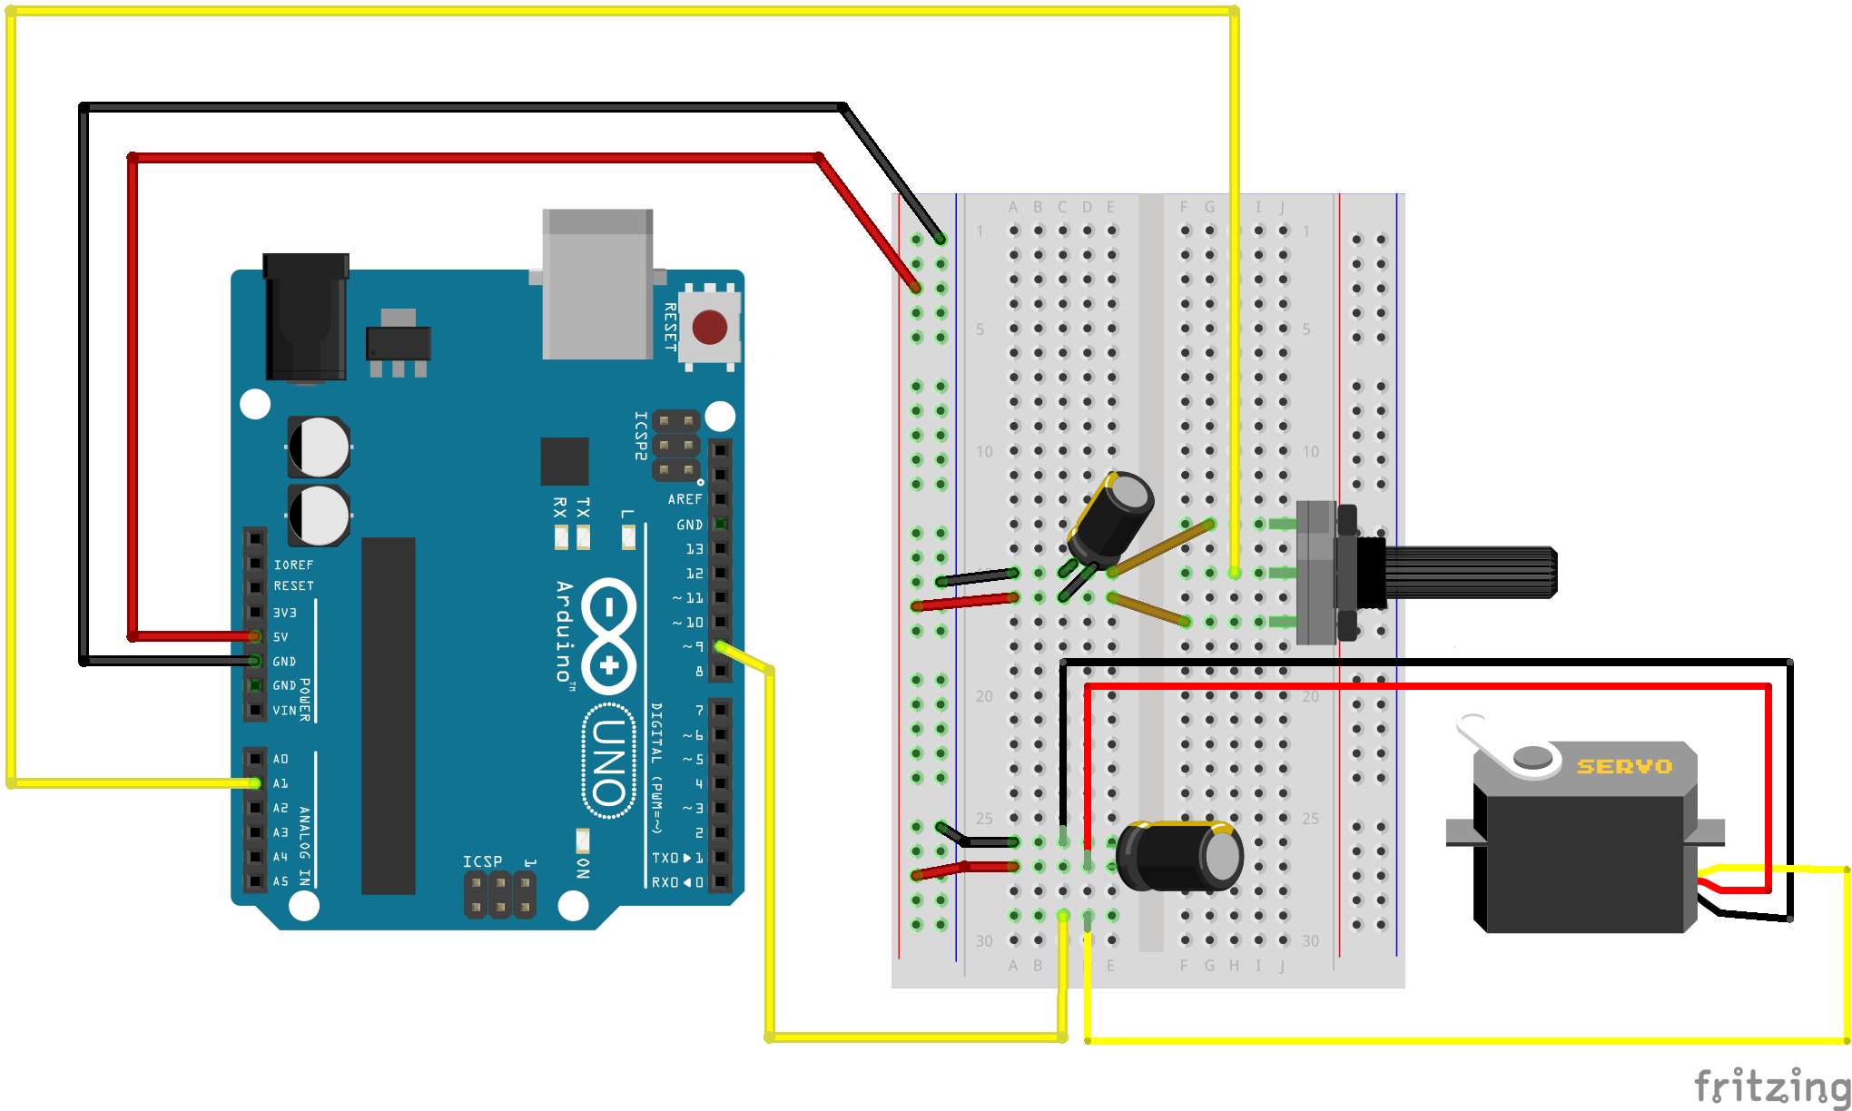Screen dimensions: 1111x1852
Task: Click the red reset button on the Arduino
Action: pos(709,327)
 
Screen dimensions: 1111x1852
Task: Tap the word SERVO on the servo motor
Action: pos(1624,767)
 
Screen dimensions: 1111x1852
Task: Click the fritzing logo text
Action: pos(1771,1086)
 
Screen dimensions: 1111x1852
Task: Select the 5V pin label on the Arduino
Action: pos(281,637)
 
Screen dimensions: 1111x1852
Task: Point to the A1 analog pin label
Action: pos(281,783)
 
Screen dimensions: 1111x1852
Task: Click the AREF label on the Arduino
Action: pos(685,499)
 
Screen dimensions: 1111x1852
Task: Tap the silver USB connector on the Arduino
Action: pos(597,285)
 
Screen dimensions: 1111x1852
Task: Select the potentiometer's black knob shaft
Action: pos(1471,573)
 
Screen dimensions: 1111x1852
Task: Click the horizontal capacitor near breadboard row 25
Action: pos(1178,856)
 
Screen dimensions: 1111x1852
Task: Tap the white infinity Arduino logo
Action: pos(609,634)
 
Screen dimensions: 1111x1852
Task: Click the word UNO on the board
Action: pos(608,762)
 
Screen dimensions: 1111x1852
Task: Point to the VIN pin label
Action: pos(284,711)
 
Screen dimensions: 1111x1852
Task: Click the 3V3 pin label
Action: pos(284,613)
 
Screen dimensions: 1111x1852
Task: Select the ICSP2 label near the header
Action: pos(641,436)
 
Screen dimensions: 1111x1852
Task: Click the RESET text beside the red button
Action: pos(670,327)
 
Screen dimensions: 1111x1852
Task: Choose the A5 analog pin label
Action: pos(281,881)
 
